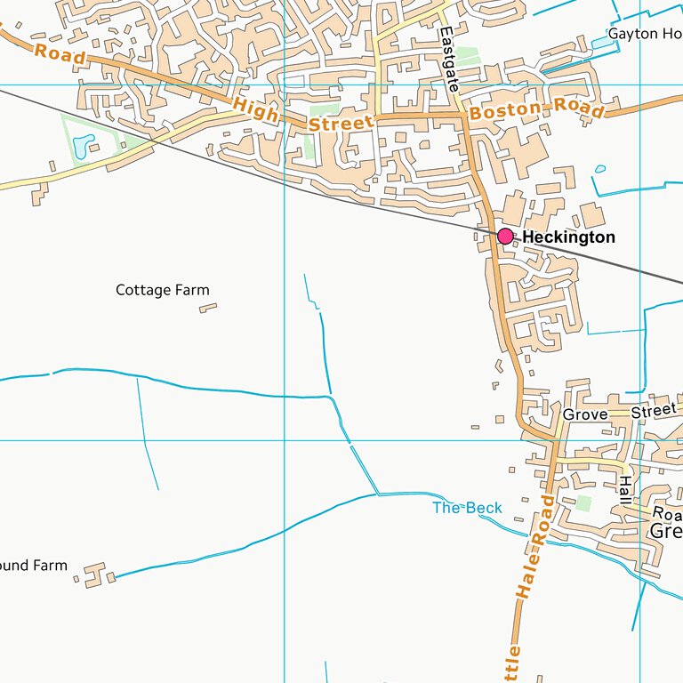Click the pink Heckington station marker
[505, 236]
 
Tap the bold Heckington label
[568, 237]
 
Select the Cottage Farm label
[163, 290]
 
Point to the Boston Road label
[536, 111]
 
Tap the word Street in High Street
[341, 123]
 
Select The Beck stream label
[467, 508]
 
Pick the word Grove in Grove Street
[585, 414]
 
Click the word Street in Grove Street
[654, 413]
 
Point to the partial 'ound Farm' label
[34, 565]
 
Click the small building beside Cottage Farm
[208, 308]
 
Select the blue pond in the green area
[84, 146]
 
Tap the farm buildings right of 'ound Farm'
[95, 573]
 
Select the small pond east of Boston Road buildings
[600, 169]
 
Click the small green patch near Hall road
[583, 503]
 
